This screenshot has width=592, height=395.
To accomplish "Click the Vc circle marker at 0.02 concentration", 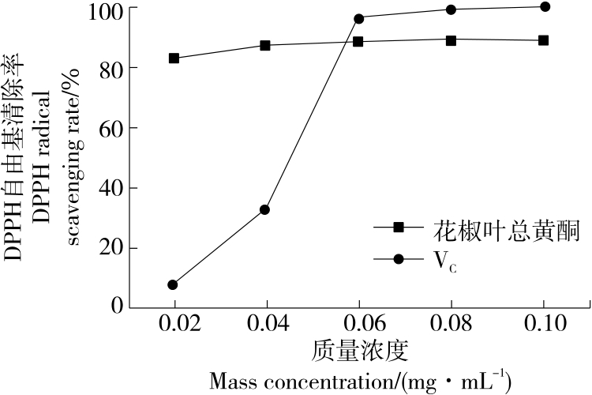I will [x=173, y=284].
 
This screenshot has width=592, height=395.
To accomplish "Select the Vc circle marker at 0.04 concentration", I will [x=265, y=209].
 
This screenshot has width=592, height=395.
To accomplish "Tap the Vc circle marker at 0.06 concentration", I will [x=358, y=17].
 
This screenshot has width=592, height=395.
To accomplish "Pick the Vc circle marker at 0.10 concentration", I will [x=544, y=6].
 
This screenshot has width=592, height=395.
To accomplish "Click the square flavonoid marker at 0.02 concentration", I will [x=174, y=58].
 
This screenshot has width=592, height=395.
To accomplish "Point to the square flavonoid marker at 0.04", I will [x=265, y=45].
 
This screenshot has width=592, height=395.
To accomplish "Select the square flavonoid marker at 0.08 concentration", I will [x=451, y=39].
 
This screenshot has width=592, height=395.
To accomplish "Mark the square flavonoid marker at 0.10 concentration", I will [x=544, y=39].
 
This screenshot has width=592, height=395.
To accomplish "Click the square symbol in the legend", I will [x=399, y=228].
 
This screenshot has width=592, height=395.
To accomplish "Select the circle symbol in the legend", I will [x=399, y=259].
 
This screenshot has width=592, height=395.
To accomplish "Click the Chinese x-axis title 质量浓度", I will [x=359, y=349].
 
